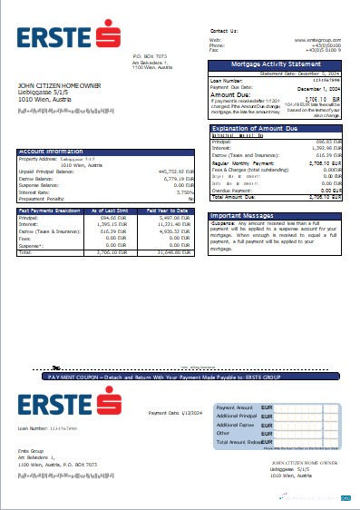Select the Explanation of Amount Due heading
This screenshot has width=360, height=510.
(264, 130)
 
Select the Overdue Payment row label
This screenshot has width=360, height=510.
(234, 190)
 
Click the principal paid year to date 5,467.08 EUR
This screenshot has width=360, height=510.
(174, 218)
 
